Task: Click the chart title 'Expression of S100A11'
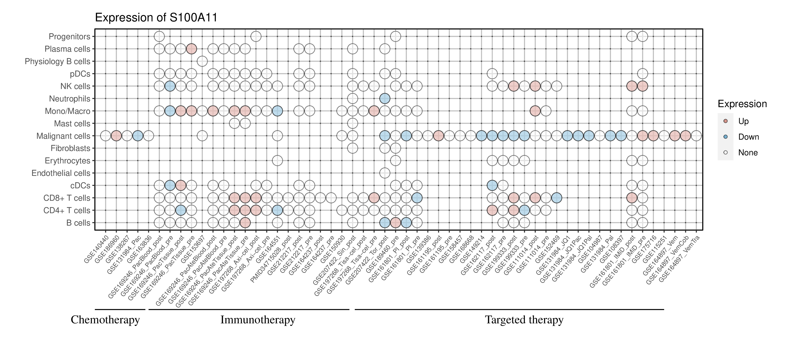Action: (x=156, y=18)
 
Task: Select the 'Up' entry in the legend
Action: (x=743, y=121)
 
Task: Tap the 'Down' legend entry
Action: (x=748, y=137)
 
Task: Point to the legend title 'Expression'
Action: (x=742, y=104)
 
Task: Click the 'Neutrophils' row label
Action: (x=70, y=99)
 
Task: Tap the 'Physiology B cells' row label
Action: (x=57, y=62)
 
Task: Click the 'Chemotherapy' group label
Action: (x=105, y=320)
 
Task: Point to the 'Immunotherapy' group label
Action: (x=258, y=320)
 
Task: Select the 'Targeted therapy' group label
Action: (x=524, y=320)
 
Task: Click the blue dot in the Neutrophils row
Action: (x=385, y=98)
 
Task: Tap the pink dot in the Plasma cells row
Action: (x=191, y=49)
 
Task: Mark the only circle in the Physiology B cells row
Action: (x=202, y=61)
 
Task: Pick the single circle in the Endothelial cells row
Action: (x=385, y=173)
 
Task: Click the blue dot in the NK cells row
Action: (x=170, y=86)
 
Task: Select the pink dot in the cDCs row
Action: (x=181, y=185)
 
